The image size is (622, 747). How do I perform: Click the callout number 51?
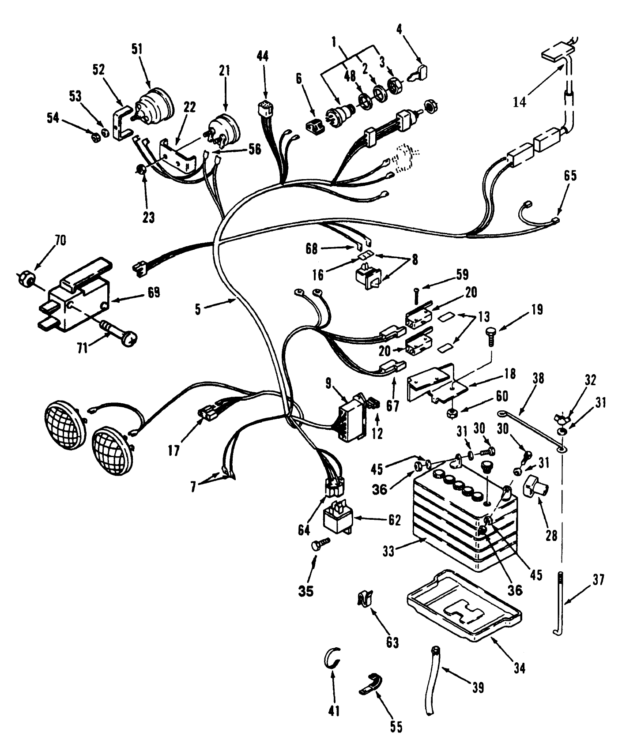[x=138, y=48]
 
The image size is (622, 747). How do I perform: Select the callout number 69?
[x=154, y=293]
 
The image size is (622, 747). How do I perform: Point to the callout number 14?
[x=520, y=102]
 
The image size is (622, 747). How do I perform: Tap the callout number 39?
[x=478, y=687]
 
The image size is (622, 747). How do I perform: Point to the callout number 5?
[x=198, y=310]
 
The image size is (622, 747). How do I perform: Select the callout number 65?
[x=570, y=176]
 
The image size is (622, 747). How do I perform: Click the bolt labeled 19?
[x=491, y=335]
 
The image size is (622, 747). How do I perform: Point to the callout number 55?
[x=396, y=726]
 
